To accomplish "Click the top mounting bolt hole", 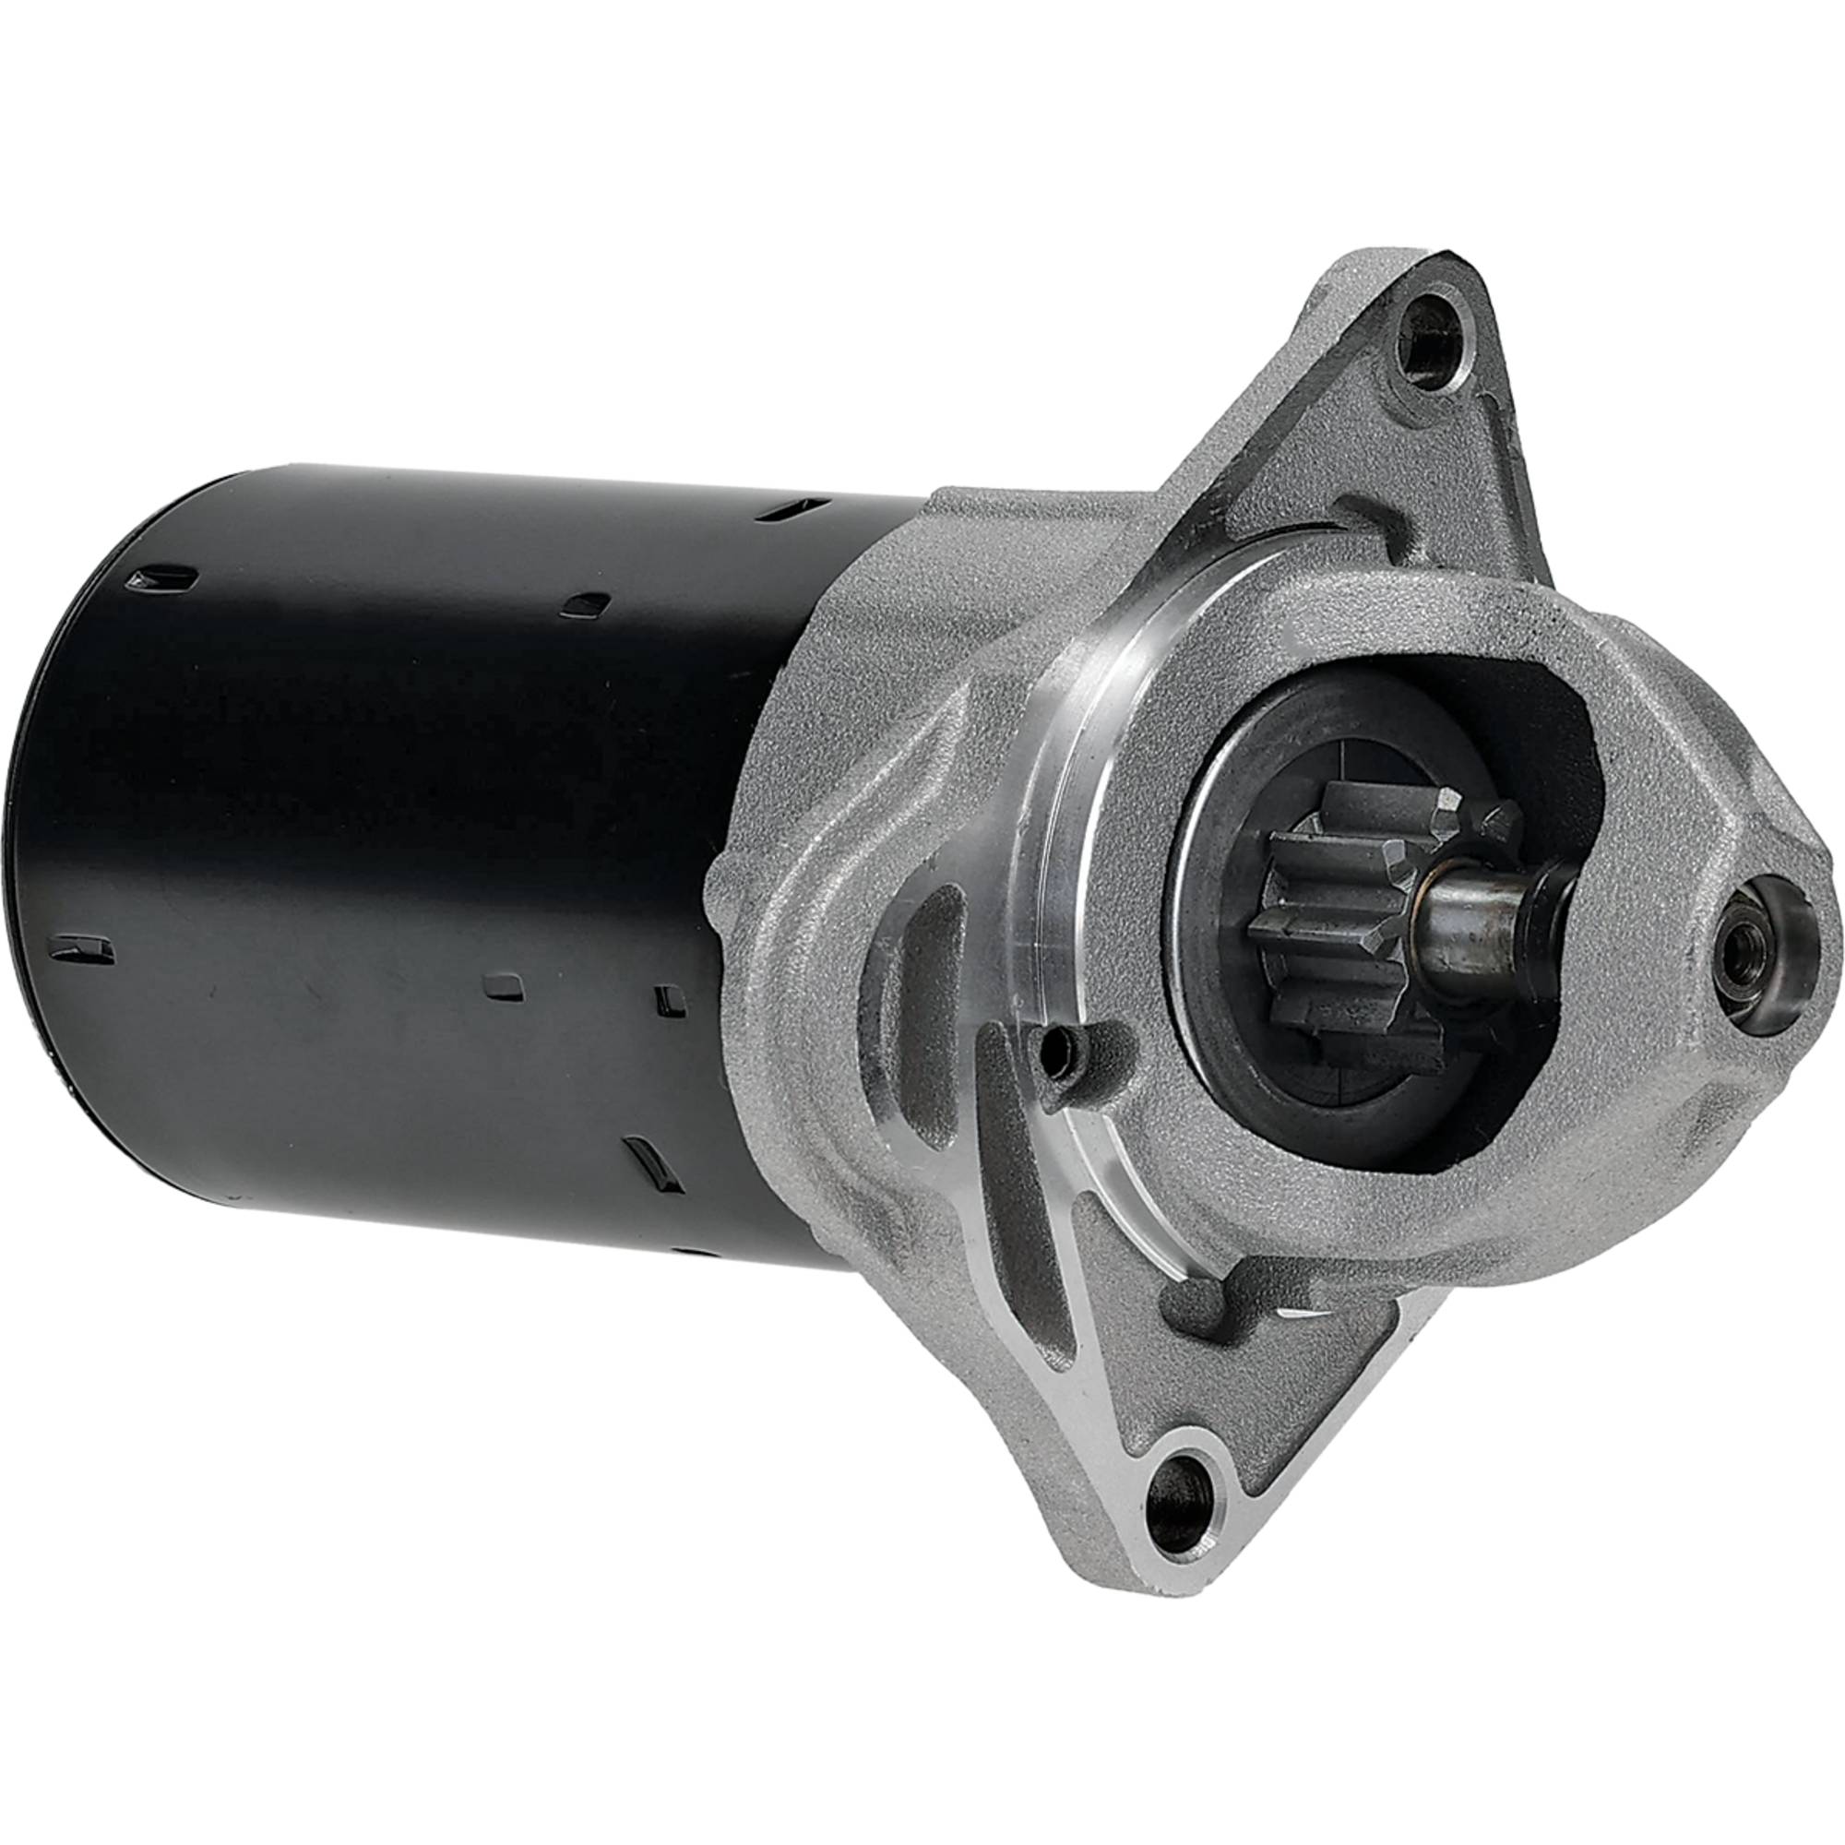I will point(1429,351).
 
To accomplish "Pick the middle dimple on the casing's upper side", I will point(585,604).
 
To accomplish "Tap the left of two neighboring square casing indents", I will point(504,985).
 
